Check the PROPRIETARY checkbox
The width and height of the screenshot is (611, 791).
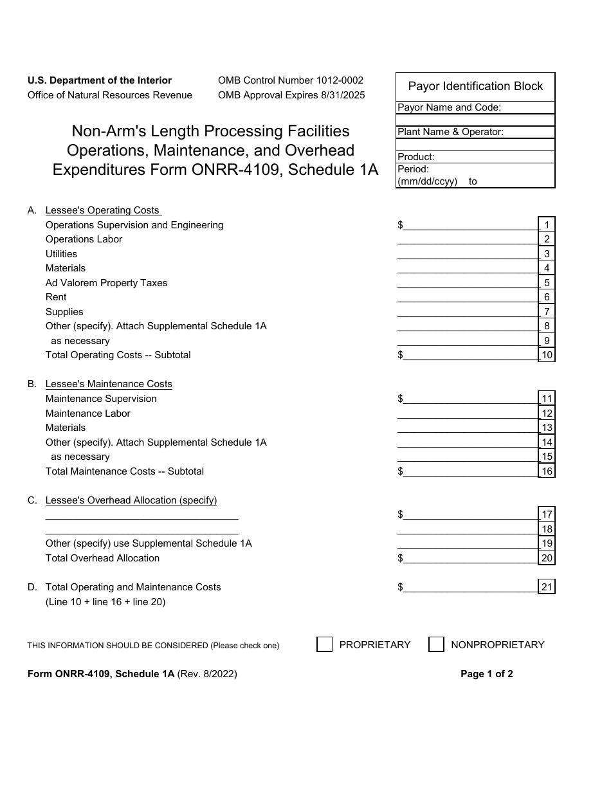[324, 644]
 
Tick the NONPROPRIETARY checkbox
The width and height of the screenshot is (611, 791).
[436, 644]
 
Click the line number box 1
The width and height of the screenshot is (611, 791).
[547, 225]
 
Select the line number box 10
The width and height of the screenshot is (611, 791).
[547, 355]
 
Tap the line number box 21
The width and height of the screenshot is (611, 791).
[547, 586]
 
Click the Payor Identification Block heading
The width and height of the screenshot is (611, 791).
[475, 86]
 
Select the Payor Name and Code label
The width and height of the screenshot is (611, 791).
[449, 107]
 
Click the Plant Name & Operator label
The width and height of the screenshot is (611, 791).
[450, 132]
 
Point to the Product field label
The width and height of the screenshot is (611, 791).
[416, 156]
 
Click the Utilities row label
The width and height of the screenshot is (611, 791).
[61, 254]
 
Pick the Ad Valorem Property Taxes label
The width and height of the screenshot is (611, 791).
[106, 283]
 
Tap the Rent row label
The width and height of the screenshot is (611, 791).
[56, 297]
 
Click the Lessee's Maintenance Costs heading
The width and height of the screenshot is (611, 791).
[109, 384]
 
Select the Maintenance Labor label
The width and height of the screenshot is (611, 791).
[87, 414]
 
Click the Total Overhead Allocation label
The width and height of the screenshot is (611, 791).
[102, 558]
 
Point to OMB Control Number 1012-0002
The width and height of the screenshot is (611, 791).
[290, 80]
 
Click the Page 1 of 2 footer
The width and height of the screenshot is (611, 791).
[486, 674]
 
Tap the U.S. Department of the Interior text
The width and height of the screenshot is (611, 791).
[99, 80]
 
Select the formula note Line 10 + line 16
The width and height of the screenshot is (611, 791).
[105, 602]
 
